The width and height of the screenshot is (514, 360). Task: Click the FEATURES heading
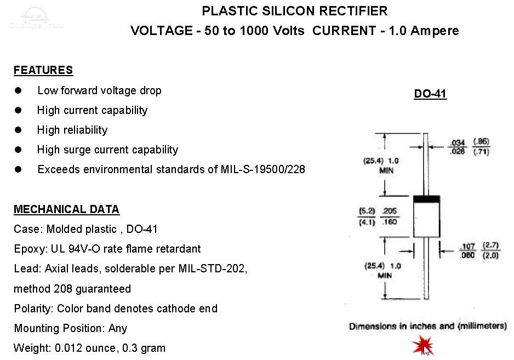click(43, 70)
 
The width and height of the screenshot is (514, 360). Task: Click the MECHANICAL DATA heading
click(66, 209)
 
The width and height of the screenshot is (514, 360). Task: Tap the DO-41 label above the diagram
click(430, 94)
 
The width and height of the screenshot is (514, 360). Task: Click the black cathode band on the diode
click(426, 199)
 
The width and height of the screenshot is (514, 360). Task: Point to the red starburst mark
click(423, 345)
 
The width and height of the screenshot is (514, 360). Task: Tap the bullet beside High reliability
click(18, 130)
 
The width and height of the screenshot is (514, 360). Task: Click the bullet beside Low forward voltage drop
click(18, 90)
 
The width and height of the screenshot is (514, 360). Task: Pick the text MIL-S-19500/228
click(263, 169)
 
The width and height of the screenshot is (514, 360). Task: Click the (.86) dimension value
click(481, 141)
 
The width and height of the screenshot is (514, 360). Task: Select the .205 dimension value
click(390, 211)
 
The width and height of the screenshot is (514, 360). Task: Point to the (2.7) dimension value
click(490, 245)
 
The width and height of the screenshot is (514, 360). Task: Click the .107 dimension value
click(467, 246)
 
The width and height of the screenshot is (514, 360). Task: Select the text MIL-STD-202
click(213, 269)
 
